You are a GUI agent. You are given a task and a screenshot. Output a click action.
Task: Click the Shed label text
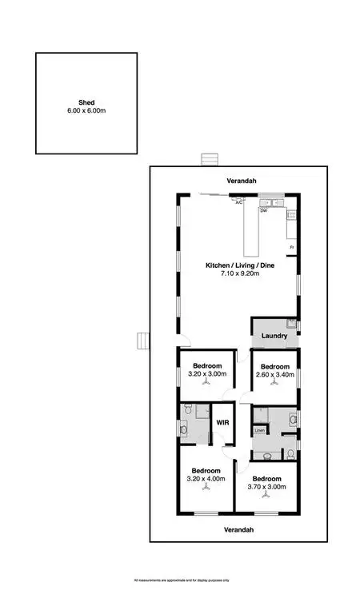pos(86,102)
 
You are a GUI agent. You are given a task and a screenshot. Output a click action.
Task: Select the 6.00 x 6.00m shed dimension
pos(86,110)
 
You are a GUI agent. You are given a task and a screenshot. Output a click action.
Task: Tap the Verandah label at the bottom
pos(239,530)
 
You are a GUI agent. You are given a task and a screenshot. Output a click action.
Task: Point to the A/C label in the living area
pos(238,203)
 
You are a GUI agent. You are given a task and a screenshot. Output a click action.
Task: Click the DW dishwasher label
pos(262,212)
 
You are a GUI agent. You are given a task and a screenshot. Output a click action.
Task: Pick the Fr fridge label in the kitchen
pos(292,247)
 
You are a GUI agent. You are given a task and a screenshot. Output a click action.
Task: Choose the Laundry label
pos(274,336)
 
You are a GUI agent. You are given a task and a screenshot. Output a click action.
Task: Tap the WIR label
pos(223,421)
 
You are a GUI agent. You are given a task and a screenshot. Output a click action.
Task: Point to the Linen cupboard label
pos(259,431)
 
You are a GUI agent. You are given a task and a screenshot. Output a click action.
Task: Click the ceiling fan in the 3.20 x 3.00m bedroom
pos(207,384)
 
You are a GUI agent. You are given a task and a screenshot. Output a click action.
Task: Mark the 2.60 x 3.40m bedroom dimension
pos(274,373)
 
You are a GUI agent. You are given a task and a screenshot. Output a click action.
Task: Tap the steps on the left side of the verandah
pos(142,341)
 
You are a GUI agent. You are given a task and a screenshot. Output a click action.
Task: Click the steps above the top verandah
pos(210,158)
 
